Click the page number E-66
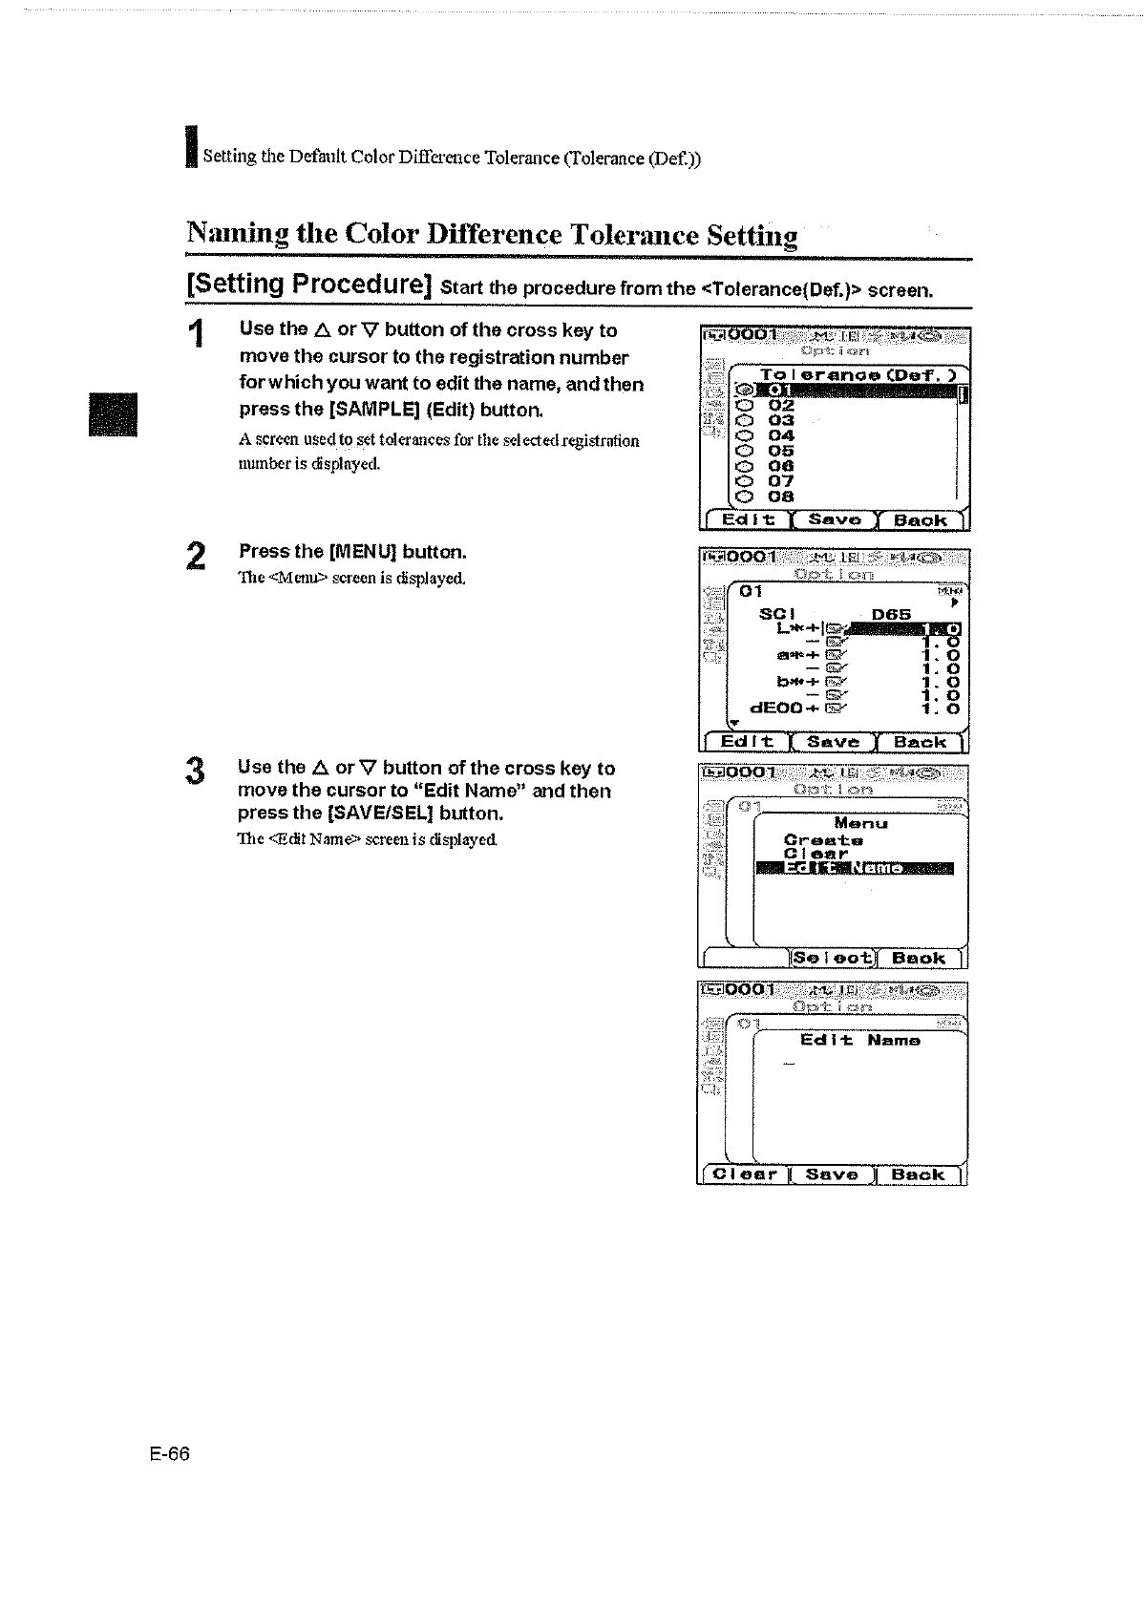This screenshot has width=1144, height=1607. point(170,1453)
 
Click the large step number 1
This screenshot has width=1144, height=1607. point(197,335)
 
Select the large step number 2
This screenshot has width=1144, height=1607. point(195,556)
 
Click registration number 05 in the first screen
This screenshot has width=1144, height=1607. point(781,451)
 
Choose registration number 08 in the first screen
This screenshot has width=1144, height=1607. point(781,497)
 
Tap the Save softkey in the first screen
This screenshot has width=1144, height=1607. point(835,520)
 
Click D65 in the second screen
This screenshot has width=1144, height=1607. point(892,614)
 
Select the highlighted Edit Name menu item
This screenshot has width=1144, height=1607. point(854,868)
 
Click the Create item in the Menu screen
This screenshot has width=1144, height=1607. point(823,840)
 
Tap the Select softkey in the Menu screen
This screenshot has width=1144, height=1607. point(834,958)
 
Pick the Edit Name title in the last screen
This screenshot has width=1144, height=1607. point(859,1040)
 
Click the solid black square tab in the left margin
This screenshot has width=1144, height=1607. point(114,414)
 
